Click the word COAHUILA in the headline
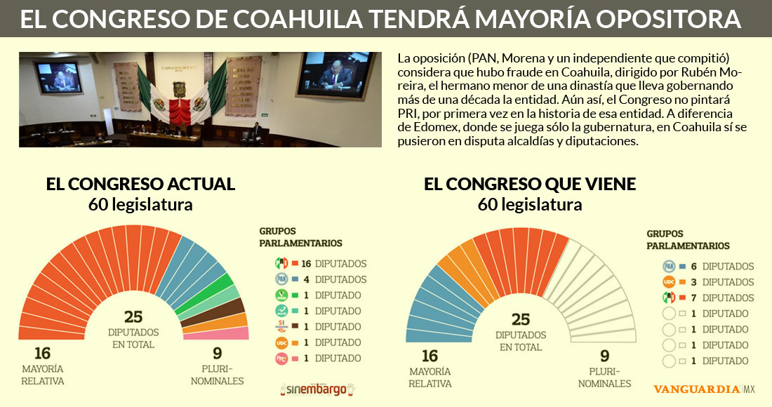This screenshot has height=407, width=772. point(328,19)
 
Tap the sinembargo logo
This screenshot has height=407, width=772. point(318,388)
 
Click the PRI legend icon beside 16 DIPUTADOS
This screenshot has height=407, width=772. point(281,264)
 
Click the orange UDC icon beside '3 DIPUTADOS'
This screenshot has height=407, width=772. point(670,282)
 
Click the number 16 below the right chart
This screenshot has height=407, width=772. point(430,357)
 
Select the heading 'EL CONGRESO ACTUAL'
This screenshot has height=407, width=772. point(140,185)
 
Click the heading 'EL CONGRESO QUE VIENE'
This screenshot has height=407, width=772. point(530,185)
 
